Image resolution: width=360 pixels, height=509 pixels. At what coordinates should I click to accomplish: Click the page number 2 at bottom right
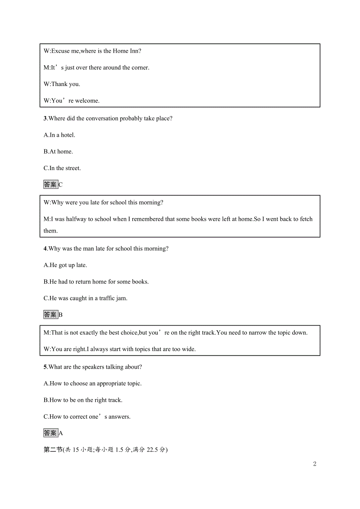coord(315,464)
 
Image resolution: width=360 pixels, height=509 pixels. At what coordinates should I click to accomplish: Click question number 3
coord(45,118)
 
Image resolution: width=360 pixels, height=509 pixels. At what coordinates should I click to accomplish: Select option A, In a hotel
coord(59,135)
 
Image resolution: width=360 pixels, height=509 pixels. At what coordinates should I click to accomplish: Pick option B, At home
coord(58,152)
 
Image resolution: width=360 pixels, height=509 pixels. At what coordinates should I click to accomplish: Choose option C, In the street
coord(62,168)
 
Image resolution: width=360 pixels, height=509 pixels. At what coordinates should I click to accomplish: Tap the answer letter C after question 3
coord(61,185)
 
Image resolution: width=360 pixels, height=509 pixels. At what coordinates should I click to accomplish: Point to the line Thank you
coord(62,84)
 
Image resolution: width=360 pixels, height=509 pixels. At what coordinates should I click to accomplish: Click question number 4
coord(45,249)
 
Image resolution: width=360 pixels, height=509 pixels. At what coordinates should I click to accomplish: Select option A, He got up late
coord(65,265)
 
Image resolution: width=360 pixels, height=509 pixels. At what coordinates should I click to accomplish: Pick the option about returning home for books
coord(96,282)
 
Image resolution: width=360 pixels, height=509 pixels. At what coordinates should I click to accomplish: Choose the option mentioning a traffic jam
coord(85,298)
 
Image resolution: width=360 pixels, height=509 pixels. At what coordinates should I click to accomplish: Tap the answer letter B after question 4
coord(61,315)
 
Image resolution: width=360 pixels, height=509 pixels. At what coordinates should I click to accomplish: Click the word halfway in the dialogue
coord(76,219)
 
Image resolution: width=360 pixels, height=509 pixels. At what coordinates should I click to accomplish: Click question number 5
coord(45,367)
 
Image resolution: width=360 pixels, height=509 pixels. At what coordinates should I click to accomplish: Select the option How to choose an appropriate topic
coord(92,384)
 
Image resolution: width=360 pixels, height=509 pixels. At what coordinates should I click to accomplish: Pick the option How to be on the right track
coord(83,400)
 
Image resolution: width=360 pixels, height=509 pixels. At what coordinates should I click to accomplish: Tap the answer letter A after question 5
coord(61,434)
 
